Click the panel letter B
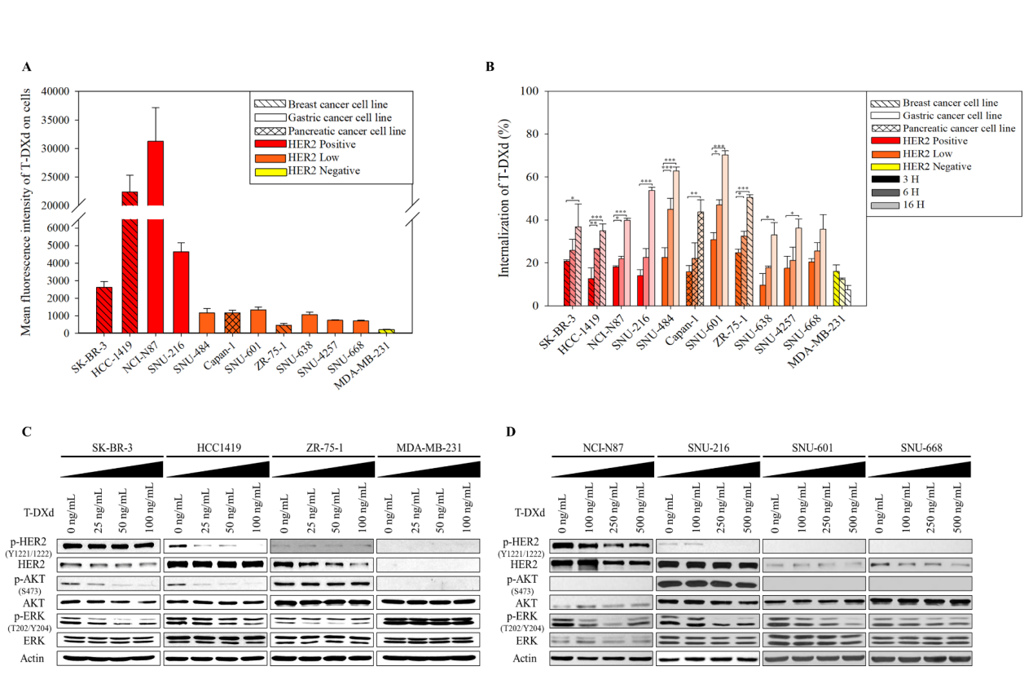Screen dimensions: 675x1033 point(490,67)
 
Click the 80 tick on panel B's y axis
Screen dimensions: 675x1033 point(534,134)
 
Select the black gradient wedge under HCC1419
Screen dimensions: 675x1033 point(216,470)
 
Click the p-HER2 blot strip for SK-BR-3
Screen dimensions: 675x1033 point(111,545)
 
